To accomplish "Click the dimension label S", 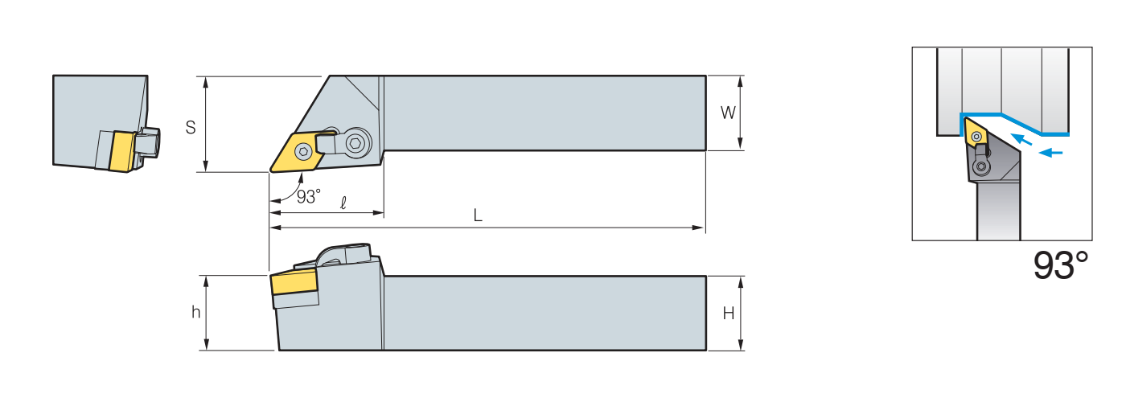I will click(191, 127).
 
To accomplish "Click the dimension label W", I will click(728, 113).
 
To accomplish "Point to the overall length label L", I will click(478, 215).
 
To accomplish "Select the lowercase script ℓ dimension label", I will click(343, 203).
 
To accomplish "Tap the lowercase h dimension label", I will click(195, 313).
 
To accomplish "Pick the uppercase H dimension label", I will click(728, 314).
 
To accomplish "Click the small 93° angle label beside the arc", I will click(308, 196).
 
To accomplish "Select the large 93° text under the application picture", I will click(1061, 265).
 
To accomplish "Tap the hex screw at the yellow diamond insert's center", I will click(303, 150).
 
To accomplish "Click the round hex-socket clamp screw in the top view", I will click(356, 144).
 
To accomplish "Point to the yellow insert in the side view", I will click(294, 284).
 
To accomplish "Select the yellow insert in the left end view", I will click(121, 151).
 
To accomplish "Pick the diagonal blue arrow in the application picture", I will click(1022, 139).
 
